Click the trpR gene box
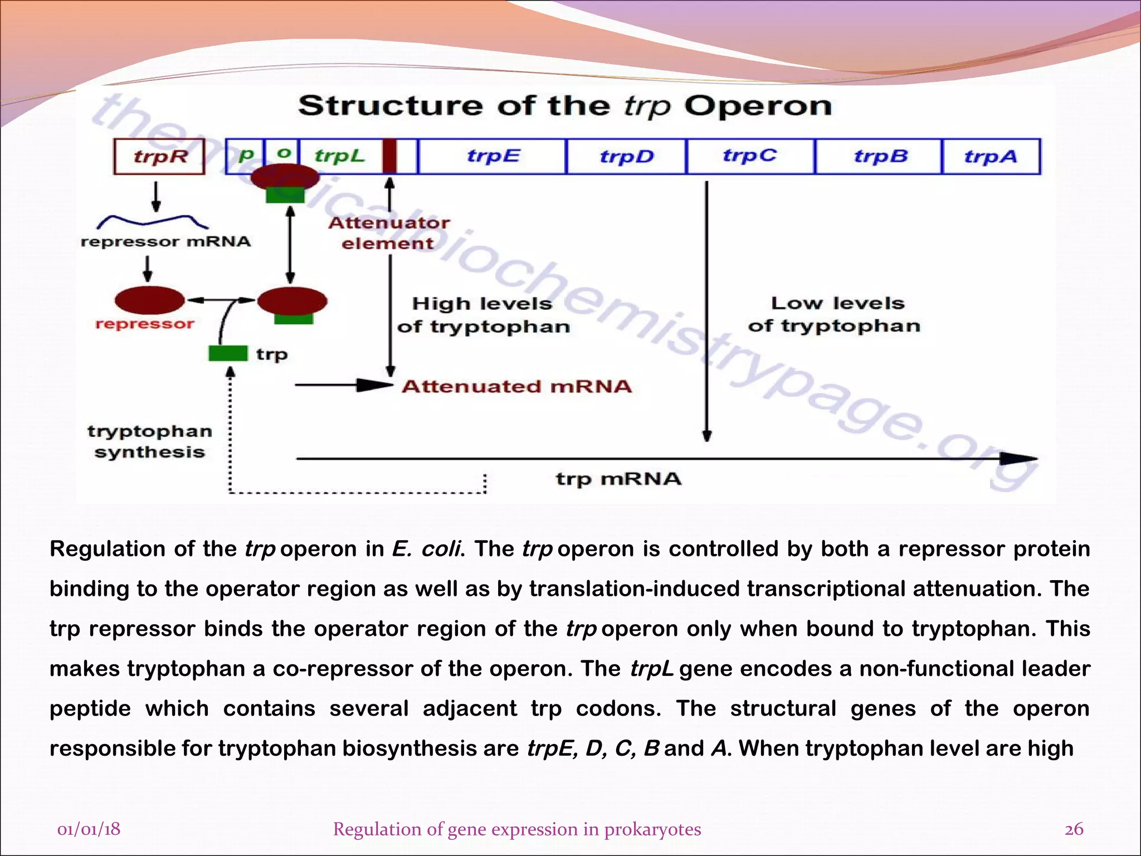pyautogui.click(x=159, y=157)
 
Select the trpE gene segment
pyautogui.click(x=493, y=157)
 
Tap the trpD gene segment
pyautogui.click(x=626, y=157)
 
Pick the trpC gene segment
pyautogui.click(x=750, y=157)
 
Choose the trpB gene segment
pyautogui.click(x=879, y=157)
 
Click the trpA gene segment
pyautogui.click(x=991, y=157)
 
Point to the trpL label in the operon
pyautogui.click(x=339, y=155)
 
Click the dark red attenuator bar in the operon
pyautogui.click(x=389, y=157)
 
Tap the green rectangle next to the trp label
pyautogui.click(x=228, y=353)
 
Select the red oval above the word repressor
pyautogui.click(x=149, y=300)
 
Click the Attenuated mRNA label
pyautogui.click(x=516, y=386)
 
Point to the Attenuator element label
pyautogui.click(x=388, y=233)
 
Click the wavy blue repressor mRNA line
pyautogui.click(x=152, y=221)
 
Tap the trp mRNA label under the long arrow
pyautogui.click(x=618, y=479)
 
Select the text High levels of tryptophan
pyautogui.click(x=483, y=315)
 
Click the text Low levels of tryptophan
pyautogui.click(x=834, y=314)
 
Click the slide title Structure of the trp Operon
pyautogui.click(x=564, y=106)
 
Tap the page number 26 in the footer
pyautogui.click(x=1074, y=829)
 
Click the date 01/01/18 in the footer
pyautogui.click(x=89, y=829)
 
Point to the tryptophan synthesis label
pyautogui.click(x=150, y=441)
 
